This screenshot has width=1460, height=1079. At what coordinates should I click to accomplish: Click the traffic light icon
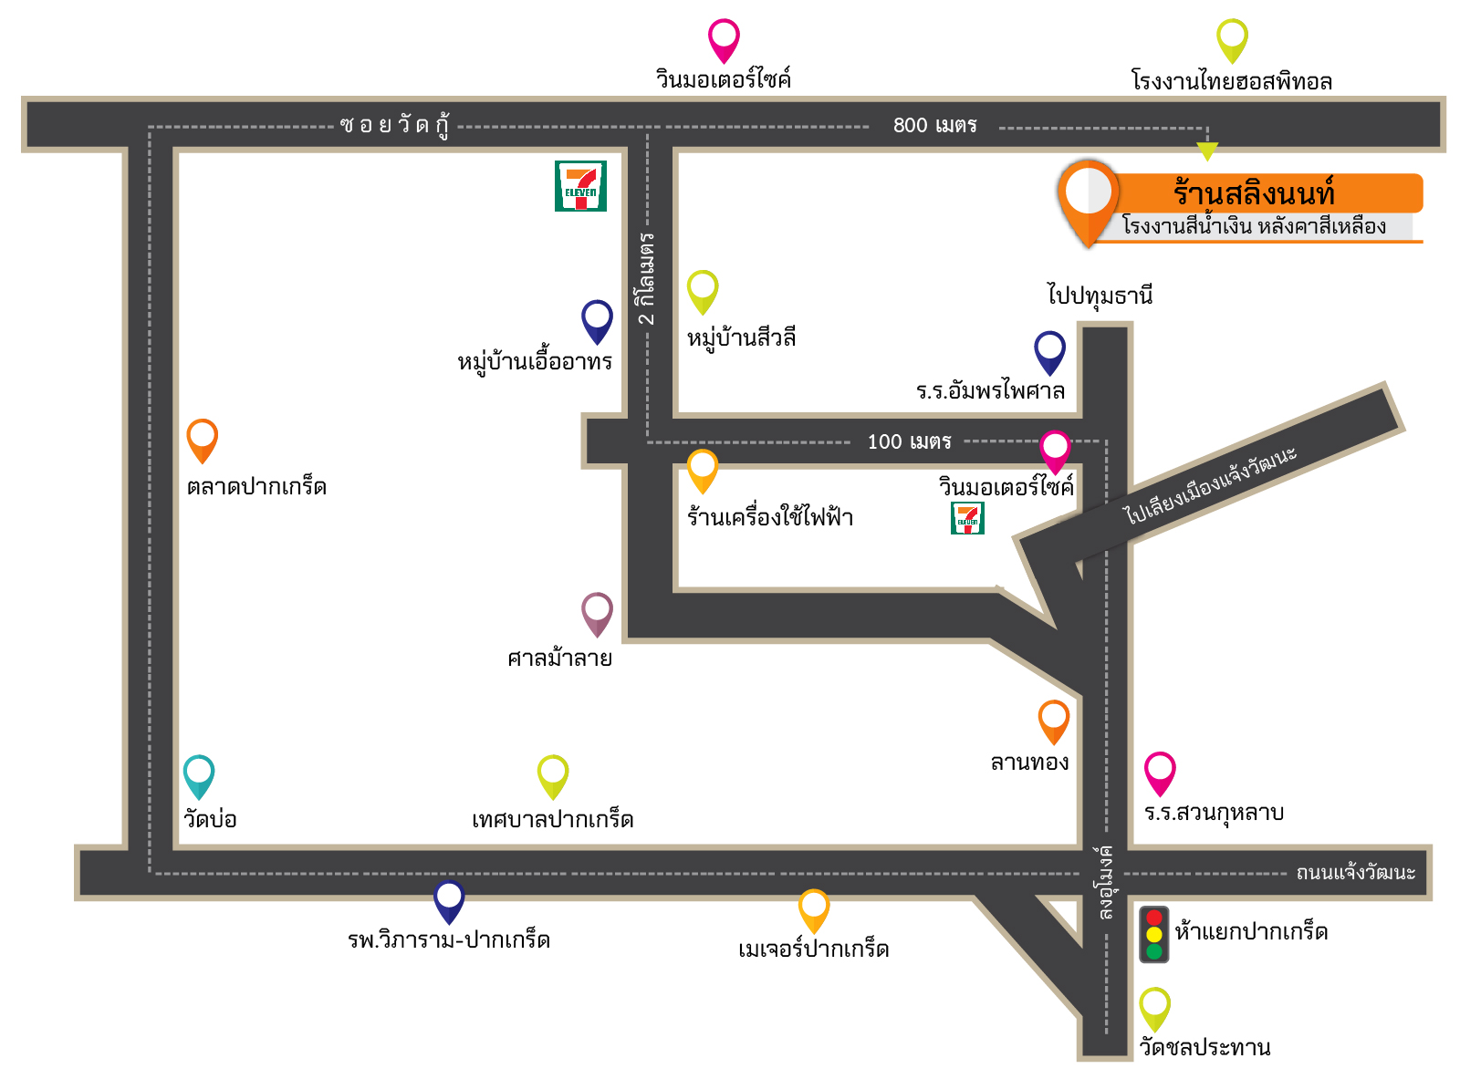[x=1154, y=934]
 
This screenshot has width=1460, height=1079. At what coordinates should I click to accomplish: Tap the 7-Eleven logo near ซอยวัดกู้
[x=580, y=186]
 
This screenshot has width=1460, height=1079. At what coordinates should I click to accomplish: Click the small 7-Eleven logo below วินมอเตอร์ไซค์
[x=967, y=518]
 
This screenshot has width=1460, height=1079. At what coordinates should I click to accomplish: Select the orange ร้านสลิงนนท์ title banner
[x=1268, y=193]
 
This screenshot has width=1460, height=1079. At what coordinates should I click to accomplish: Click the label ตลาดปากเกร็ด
[x=256, y=487]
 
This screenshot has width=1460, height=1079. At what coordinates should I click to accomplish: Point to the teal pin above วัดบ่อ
[x=199, y=775]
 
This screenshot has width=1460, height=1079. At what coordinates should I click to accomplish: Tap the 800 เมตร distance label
[x=934, y=126]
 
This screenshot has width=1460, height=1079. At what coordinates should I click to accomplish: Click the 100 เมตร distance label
[x=909, y=442]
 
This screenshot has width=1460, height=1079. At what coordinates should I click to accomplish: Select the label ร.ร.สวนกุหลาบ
[x=1214, y=813]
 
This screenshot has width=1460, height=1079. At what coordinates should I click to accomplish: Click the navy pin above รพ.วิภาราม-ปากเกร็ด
[x=449, y=900]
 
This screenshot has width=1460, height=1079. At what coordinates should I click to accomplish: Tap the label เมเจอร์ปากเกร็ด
[x=813, y=949]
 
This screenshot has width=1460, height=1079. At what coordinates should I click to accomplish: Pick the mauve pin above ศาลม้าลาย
[x=597, y=613]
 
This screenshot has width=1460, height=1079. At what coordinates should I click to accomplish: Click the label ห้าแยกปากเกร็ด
[x=1251, y=932]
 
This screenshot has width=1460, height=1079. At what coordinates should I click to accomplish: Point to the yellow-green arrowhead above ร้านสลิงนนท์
[x=1207, y=150]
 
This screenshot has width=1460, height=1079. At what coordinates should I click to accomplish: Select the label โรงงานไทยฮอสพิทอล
[x=1232, y=82]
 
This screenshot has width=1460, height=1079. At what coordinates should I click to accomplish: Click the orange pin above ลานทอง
[x=1054, y=721]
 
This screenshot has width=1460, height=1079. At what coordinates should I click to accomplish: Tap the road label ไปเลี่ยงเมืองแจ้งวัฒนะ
[x=1210, y=485]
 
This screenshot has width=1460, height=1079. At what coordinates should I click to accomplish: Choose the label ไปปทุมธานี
[x=1100, y=296]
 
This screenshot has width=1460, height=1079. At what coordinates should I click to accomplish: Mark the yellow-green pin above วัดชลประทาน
[x=1154, y=1008]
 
